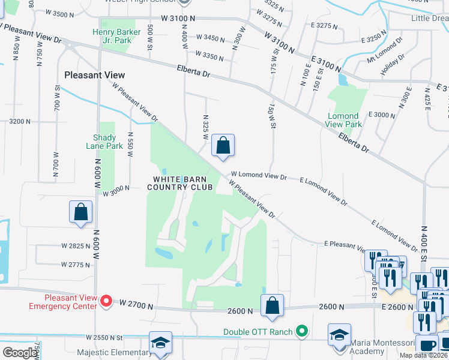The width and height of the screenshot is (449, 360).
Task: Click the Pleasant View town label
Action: click(x=95, y=75)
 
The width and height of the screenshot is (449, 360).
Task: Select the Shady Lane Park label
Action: click(x=104, y=142)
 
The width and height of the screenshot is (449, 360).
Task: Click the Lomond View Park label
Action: click(x=344, y=120)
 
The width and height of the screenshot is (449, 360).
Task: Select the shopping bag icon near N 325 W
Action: click(x=223, y=145)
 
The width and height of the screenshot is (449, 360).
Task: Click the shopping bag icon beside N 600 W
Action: click(x=80, y=212)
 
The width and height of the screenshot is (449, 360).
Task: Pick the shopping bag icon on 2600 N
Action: click(x=272, y=305)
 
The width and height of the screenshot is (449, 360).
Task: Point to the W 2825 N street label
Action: click(x=75, y=246)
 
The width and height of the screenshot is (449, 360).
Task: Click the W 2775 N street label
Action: click(x=75, y=265)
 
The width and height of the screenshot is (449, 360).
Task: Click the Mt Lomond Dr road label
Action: click(x=385, y=52)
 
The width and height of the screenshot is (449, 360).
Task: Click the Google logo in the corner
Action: click(x=20, y=353)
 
